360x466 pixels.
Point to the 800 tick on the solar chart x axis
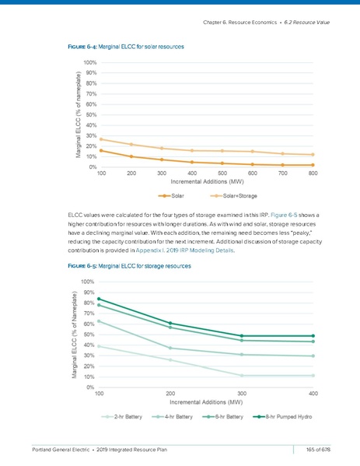tap(313, 173)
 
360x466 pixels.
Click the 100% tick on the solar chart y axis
tap(90, 62)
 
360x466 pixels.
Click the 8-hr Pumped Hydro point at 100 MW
tap(99, 299)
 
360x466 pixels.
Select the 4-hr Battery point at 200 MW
tap(170, 348)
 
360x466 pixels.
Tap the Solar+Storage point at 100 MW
tap(102, 139)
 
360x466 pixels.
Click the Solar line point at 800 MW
tap(313, 165)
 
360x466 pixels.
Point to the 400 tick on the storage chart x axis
tap(313, 394)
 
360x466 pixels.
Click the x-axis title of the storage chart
tap(206, 402)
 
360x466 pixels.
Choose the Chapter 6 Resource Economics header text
tap(264, 21)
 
